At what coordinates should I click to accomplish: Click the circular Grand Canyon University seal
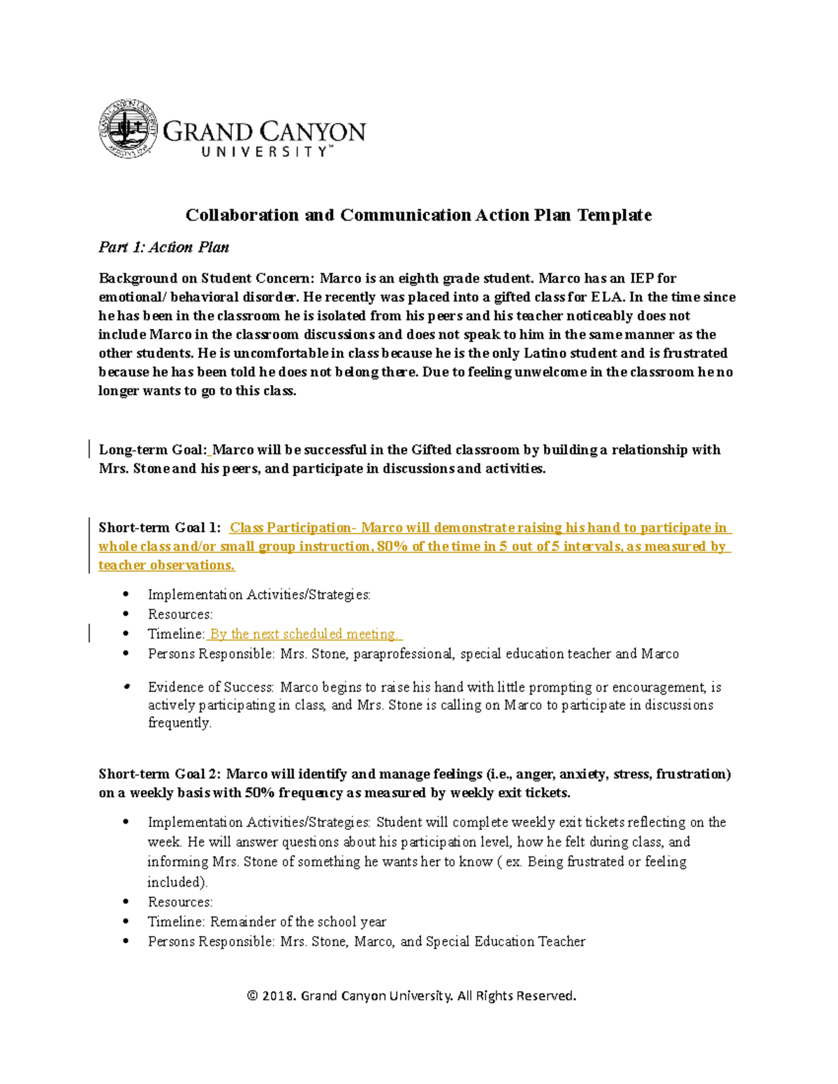[128, 128]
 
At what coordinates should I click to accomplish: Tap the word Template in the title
[614, 215]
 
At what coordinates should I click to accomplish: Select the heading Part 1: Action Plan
[163, 247]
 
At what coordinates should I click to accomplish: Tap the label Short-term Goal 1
[159, 528]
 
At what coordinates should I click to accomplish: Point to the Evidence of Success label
[210, 688]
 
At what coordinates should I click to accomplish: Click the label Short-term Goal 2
[159, 774]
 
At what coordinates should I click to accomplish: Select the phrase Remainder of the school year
[298, 922]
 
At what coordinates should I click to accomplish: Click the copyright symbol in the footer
[252, 996]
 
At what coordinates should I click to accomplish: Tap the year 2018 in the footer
[279, 996]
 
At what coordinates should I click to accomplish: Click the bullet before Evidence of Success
[126, 687]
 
